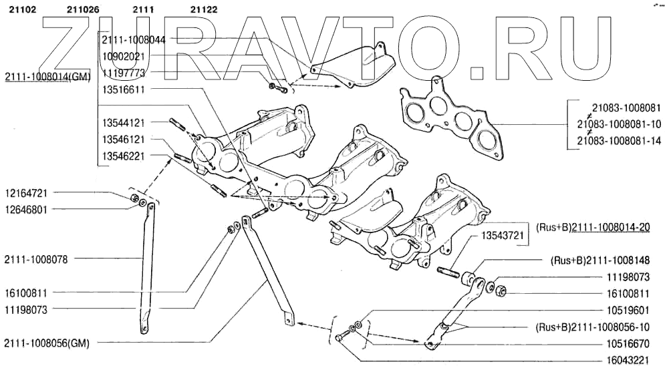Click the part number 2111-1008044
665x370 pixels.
tap(134, 40)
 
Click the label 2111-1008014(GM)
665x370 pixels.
tap(47, 79)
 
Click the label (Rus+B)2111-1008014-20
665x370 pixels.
tap(593, 227)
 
